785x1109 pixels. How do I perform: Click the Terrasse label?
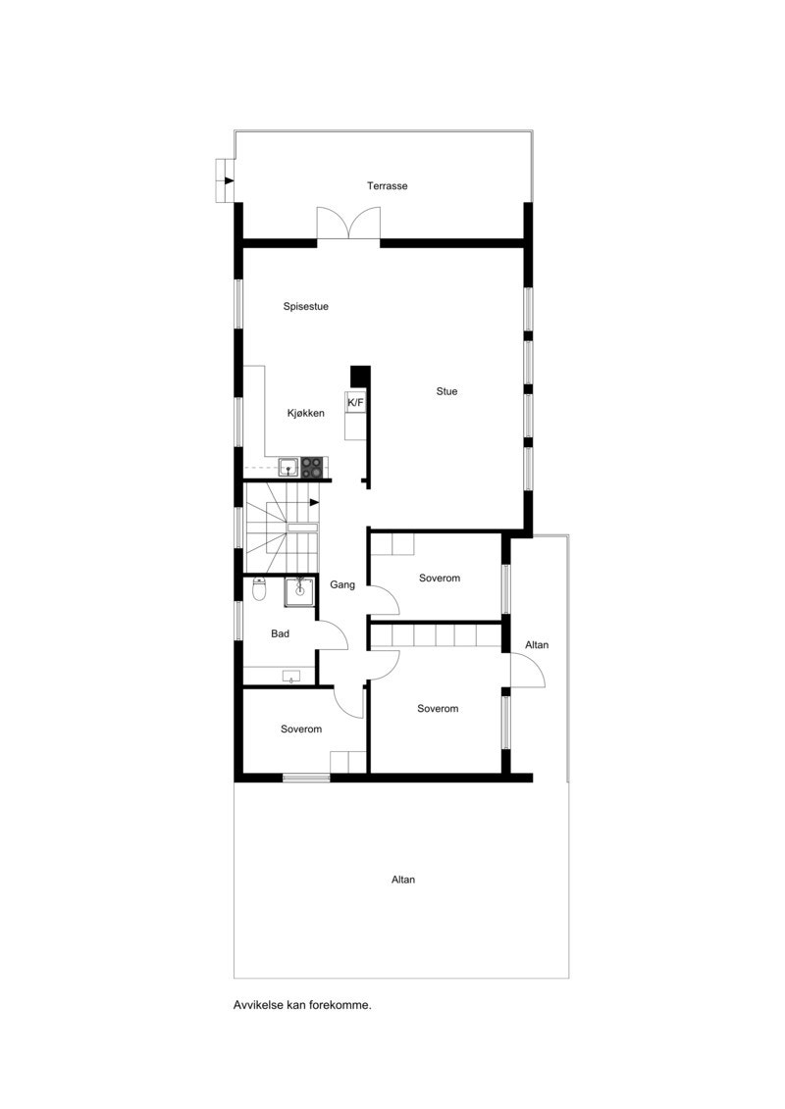pos(388,185)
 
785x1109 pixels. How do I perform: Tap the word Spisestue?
pos(305,306)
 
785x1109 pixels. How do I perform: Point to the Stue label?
pos(446,391)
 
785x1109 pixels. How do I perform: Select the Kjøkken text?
pos(305,413)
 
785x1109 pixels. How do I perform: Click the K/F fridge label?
pos(354,403)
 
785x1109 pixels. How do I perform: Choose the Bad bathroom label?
pos(280,633)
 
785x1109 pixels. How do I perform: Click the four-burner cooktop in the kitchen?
pos(312,468)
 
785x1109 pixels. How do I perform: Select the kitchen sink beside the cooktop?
pos(288,468)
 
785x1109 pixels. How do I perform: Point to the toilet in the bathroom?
pos(259,589)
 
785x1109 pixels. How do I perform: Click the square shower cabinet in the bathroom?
pos(299,591)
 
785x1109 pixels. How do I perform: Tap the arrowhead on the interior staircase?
pos(314,503)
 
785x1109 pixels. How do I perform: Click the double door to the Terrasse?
pos(348,224)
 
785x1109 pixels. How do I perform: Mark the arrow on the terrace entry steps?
pos(229,180)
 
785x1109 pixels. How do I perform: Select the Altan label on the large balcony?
pos(403,880)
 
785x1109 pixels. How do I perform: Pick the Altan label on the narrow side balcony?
pos(537,645)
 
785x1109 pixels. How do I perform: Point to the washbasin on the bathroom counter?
pos(290,676)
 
